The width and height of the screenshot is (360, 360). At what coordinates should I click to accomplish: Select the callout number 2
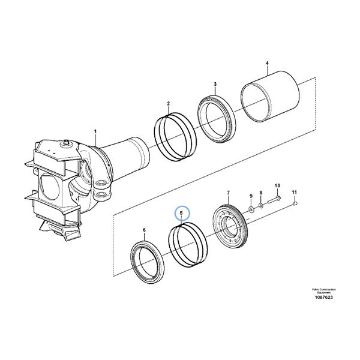tap(169, 104)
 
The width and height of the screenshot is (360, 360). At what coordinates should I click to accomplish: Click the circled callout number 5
tap(182, 213)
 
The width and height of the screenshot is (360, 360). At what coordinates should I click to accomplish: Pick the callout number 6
tap(144, 230)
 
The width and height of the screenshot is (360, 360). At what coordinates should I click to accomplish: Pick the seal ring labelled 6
tap(146, 258)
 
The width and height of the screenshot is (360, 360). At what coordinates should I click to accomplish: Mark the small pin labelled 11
tap(295, 205)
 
